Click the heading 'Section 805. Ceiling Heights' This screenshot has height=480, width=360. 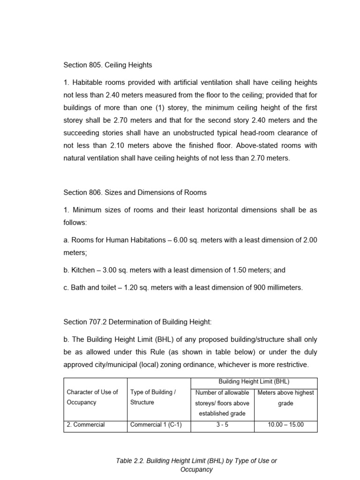point(108,65)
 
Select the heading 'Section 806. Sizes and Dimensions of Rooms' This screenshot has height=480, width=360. point(135,193)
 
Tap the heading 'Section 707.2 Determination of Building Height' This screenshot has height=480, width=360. point(138,322)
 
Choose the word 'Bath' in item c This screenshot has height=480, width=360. point(78,288)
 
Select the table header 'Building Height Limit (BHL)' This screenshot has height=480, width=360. point(254,382)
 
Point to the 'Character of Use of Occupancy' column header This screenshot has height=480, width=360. point(92,397)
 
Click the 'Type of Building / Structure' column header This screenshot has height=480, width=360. point(153,397)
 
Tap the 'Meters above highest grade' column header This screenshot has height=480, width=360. point(285,397)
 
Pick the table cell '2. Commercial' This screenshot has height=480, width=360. point(86,425)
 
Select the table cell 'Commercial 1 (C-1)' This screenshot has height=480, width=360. point(153,425)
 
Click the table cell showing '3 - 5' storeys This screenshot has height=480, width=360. point(222,425)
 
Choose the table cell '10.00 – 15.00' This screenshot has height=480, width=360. point(285,425)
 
